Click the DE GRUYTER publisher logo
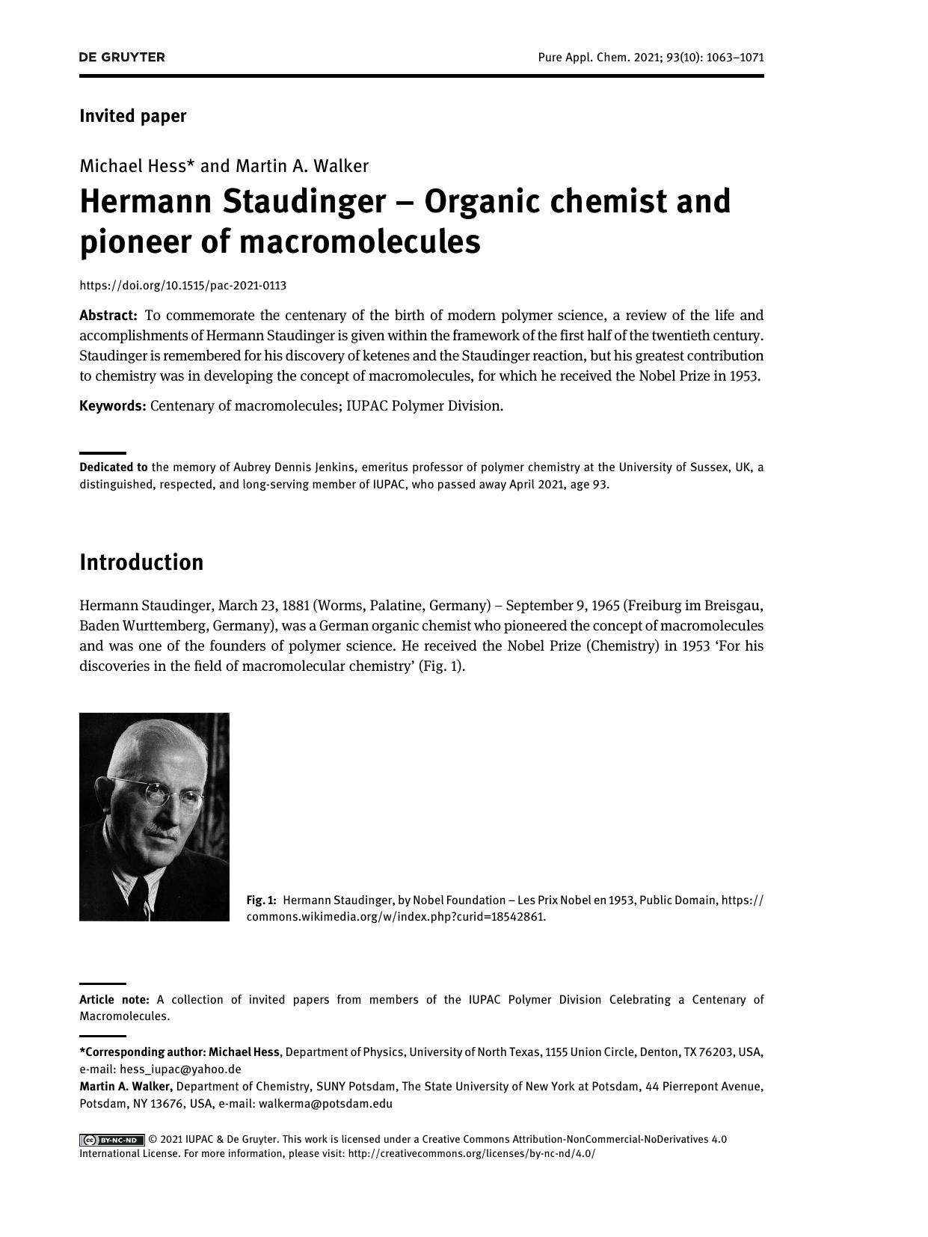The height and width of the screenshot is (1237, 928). (x=122, y=58)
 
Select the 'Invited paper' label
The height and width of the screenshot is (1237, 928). (x=132, y=116)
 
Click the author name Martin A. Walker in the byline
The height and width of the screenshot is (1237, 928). (x=301, y=165)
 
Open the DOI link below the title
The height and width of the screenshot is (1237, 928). (x=182, y=285)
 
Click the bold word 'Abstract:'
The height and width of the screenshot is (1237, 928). (x=108, y=316)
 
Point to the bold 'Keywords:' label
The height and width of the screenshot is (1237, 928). (x=112, y=406)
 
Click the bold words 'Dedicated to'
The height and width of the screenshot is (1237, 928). (x=114, y=467)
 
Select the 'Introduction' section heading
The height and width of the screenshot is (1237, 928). (x=141, y=562)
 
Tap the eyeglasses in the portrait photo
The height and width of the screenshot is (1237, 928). (x=169, y=793)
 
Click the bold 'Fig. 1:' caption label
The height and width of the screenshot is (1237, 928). (x=262, y=900)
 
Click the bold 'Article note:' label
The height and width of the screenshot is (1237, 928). (x=114, y=999)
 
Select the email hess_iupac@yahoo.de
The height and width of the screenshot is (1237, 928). (x=180, y=1069)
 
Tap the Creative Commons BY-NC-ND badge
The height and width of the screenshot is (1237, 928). (x=112, y=1140)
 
